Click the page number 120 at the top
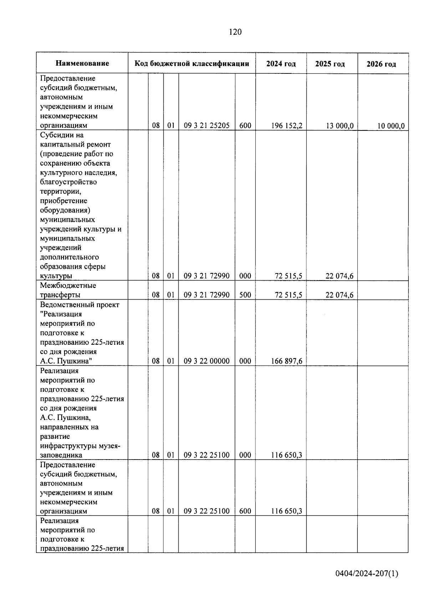[235, 32]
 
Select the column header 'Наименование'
[82, 63]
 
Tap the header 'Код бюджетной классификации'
[192, 63]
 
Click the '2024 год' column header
[281, 64]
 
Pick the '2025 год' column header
[330, 64]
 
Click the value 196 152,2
[286, 125]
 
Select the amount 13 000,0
[339, 125]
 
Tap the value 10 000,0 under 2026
[391, 125]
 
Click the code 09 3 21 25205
[207, 125]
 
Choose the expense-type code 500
[245, 295]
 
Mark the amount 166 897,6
[286, 361]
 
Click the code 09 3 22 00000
[207, 361]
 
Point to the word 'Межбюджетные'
[68, 286]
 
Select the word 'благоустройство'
[68, 182]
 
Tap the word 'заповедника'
[61, 455]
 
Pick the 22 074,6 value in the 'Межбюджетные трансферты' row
[339, 295]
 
